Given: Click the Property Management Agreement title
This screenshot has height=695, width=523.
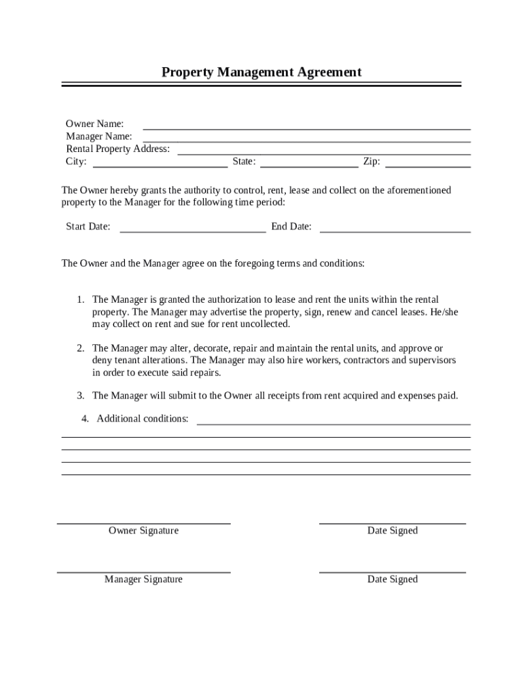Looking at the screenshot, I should click(x=261, y=72).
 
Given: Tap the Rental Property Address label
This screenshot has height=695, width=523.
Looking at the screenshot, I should click(x=118, y=149).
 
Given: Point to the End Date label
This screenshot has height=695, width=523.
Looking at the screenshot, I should click(x=291, y=227).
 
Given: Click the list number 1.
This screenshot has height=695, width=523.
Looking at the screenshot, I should click(x=79, y=299).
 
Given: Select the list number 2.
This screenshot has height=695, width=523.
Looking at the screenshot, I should click(x=79, y=348).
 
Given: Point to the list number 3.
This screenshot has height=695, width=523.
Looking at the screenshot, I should click(x=79, y=395).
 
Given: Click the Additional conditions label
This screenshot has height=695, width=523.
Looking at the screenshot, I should click(x=143, y=419).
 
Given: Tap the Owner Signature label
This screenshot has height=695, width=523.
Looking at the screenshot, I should click(x=143, y=531).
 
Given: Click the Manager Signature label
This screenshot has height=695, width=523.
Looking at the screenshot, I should click(x=143, y=580).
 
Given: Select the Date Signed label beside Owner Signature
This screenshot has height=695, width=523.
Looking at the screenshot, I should click(x=393, y=531).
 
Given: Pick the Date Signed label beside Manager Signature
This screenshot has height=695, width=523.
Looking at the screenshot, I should click(x=393, y=580).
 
